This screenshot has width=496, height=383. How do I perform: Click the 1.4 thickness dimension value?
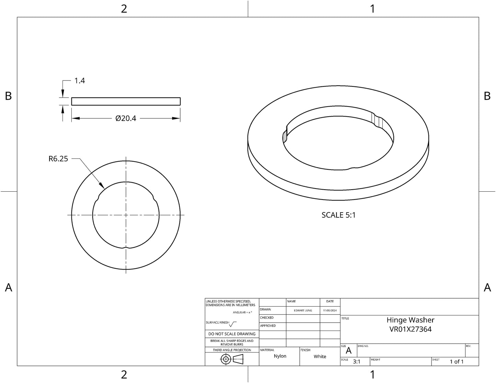click(x=80, y=81)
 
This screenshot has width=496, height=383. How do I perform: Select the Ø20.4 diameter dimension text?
click(x=126, y=118)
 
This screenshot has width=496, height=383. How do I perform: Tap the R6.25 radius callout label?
click(x=58, y=159)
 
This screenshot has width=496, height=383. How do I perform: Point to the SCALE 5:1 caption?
click(x=338, y=215)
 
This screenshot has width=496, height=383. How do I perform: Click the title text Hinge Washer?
click(x=410, y=320)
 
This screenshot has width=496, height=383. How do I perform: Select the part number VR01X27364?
click(x=410, y=329)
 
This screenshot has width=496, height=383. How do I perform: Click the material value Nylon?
click(x=280, y=356)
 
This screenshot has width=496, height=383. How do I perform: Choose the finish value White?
click(x=320, y=357)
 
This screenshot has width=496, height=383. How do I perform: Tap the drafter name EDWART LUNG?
click(x=303, y=310)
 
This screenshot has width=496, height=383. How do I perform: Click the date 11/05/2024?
click(x=330, y=310)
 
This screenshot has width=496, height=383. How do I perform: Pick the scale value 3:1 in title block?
click(x=357, y=361)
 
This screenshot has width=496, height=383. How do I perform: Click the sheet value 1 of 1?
click(x=457, y=362)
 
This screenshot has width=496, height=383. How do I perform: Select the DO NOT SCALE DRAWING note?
click(x=232, y=334)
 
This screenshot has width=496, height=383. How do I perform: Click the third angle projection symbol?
click(x=232, y=359)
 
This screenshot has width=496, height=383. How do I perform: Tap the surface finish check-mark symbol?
click(x=233, y=323)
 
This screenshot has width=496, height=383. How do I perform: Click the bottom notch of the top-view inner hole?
click(x=126, y=247)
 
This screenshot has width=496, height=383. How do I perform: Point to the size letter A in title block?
click(x=349, y=351)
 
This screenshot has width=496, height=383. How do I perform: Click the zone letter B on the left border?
click(x=9, y=96)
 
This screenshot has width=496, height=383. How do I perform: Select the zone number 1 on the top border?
click(x=372, y=9)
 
